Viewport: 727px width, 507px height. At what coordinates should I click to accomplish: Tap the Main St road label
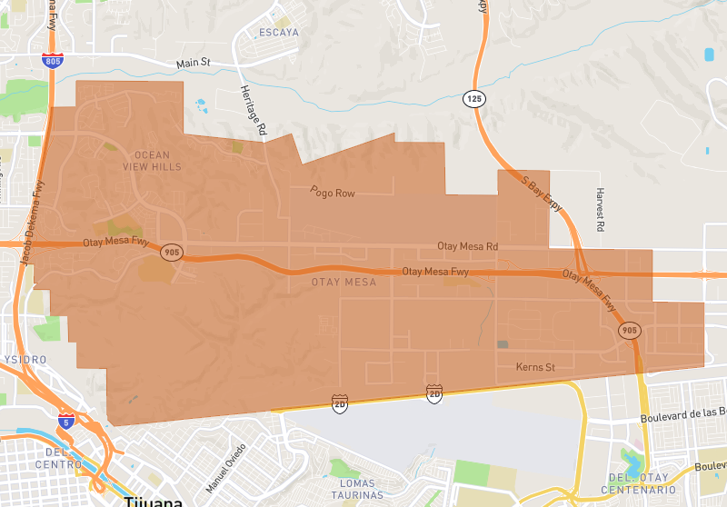tap(193, 63)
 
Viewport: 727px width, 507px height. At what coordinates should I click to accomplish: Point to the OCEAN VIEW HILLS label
tap(152, 161)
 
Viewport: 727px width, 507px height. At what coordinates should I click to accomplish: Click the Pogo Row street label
tap(332, 193)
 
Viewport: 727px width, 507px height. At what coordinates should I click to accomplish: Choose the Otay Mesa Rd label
tap(468, 246)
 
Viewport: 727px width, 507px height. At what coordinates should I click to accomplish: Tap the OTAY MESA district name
tap(344, 283)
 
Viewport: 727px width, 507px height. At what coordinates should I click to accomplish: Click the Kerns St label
tap(535, 367)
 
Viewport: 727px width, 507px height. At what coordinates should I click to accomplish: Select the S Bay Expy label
tap(542, 193)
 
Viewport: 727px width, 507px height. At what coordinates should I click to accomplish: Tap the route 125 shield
tap(473, 98)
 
